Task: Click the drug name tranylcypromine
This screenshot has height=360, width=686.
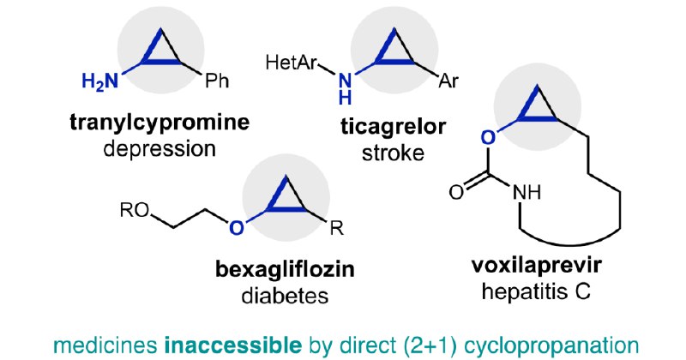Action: (159, 122)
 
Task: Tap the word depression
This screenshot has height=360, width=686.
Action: (159, 149)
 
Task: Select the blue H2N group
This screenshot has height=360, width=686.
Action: (100, 81)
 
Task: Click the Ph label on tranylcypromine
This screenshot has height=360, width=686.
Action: (217, 81)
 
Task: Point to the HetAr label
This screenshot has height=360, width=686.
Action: (291, 63)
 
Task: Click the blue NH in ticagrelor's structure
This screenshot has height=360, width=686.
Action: (346, 89)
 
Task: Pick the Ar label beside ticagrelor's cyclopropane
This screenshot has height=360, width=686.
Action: (448, 81)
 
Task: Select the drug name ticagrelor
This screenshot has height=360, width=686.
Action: (394, 126)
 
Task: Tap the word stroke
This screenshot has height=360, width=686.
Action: (393, 153)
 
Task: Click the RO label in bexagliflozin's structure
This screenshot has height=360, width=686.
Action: (135, 210)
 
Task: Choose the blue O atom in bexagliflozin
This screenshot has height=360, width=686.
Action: (236, 227)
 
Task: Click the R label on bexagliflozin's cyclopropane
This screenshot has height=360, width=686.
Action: (337, 228)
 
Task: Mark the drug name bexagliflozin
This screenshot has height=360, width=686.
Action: (285, 269)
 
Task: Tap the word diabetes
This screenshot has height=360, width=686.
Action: (285, 296)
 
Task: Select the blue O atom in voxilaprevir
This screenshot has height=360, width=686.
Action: (488, 137)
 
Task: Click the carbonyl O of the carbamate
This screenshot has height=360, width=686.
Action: (456, 192)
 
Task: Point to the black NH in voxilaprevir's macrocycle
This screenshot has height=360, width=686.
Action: (527, 192)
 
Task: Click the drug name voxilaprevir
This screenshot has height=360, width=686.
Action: (537, 265)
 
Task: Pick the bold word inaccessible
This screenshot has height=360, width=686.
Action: (232, 345)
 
